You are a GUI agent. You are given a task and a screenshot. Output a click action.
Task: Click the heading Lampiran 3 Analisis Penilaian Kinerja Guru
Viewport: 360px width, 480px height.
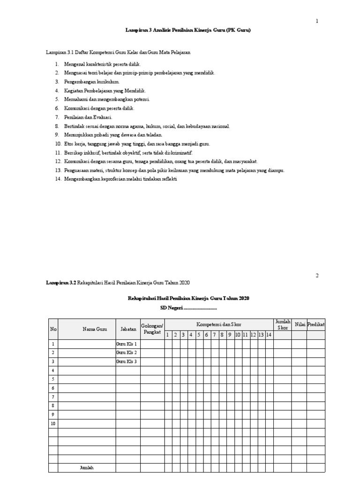click(x=188, y=30)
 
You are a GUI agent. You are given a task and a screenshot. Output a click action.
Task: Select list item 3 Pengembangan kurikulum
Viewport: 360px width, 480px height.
click(x=88, y=82)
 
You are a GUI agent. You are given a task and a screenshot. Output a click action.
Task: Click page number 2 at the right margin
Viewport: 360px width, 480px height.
click(x=317, y=275)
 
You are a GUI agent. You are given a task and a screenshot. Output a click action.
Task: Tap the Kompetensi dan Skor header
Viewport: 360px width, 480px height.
click(x=219, y=324)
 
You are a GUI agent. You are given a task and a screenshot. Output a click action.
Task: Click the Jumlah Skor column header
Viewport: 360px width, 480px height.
click(x=283, y=324)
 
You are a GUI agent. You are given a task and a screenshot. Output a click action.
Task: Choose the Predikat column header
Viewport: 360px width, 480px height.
click(x=316, y=324)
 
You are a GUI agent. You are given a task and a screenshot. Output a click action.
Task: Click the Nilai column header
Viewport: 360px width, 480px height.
click(x=300, y=324)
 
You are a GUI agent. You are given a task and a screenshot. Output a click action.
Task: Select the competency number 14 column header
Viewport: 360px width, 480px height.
click(x=269, y=335)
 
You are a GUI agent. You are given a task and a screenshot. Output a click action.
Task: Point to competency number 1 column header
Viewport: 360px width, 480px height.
click(x=168, y=335)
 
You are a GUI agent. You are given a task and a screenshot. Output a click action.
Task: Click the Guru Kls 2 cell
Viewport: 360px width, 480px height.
click(x=127, y=352)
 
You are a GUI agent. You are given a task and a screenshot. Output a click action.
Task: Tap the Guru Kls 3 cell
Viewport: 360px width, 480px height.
click(x=127, y=361)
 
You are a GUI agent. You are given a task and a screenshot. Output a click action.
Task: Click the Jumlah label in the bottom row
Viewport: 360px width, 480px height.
click(x=87, y=468)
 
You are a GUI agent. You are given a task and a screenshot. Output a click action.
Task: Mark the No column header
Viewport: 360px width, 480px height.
click(x=53, y=329)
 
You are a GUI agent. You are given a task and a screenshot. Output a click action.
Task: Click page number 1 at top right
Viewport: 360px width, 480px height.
click(x=317, y=21)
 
